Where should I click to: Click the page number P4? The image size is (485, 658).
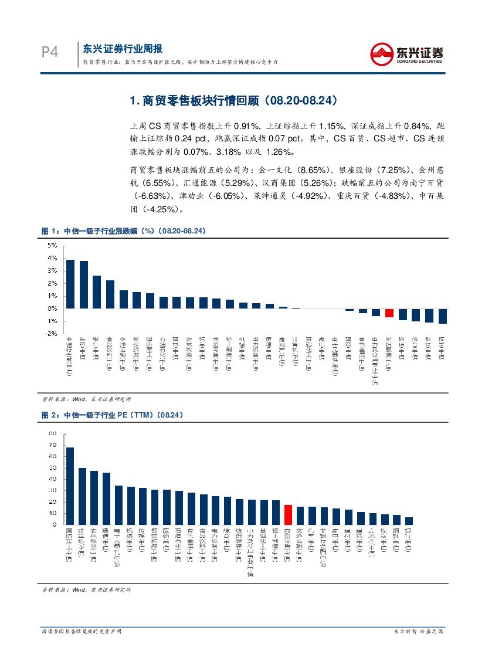[x=50, y=53]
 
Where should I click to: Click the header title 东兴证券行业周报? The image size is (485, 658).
[x=122, y=49]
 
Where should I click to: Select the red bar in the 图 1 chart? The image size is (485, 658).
[x=389, y=313]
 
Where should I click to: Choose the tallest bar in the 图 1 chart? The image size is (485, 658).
[x=70, y=284]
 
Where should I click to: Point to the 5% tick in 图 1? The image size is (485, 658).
[x=53, y=245]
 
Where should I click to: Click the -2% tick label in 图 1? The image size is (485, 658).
[x=52, y=334]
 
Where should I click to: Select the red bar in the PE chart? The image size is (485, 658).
[x=288, y=514]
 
